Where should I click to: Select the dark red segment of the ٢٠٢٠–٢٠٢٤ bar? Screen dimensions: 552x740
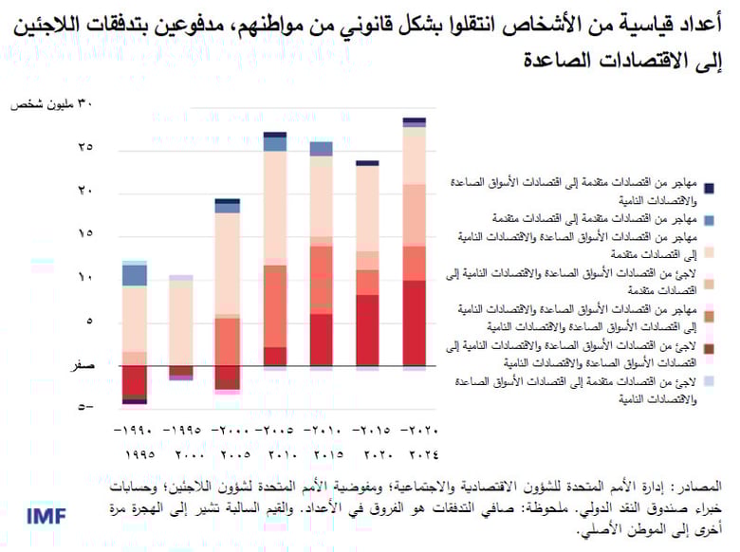pos(415,322)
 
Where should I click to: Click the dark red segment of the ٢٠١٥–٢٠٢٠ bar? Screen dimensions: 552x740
pos(367,330)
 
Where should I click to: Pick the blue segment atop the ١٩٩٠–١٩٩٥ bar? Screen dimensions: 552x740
pos(135,275)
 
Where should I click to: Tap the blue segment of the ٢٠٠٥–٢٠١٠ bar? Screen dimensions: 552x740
pos(275,144)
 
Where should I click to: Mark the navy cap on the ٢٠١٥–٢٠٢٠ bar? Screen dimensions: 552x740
pos(367,163)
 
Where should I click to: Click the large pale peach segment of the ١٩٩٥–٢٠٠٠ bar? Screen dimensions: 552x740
pos(180,322)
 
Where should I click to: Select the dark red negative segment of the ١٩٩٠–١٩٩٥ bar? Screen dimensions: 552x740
pos(135,381)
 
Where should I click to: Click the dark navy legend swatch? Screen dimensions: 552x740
pos(711,188)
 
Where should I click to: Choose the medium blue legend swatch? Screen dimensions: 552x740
pos(711,220)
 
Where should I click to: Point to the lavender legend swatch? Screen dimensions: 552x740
pos(711,381)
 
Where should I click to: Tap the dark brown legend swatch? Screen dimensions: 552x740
pos(711,349)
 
